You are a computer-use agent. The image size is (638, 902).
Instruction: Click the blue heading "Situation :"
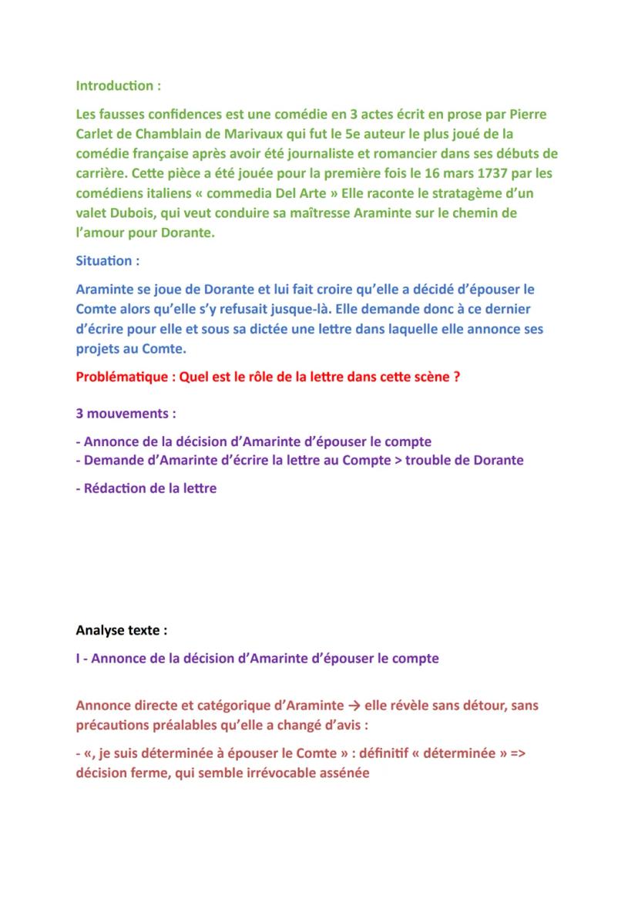pos(108,261)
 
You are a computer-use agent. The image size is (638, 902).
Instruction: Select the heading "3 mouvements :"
pos(126,414)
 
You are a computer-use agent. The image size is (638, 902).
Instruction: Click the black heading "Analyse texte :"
pos(122,630)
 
